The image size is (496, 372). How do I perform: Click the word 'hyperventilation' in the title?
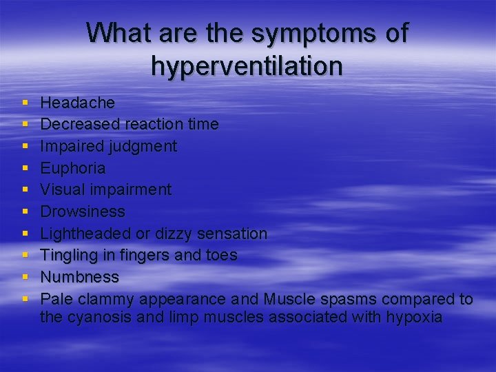247,66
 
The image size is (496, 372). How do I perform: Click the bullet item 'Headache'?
78,103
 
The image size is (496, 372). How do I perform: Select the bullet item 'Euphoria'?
73,168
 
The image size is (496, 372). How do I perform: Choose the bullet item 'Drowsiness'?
83,211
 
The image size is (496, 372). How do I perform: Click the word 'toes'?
222,255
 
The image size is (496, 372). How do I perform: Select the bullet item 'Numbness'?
79,277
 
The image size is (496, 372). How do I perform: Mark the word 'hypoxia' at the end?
417,318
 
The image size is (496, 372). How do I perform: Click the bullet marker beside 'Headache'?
25,103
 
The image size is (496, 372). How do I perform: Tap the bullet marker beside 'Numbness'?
25,277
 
